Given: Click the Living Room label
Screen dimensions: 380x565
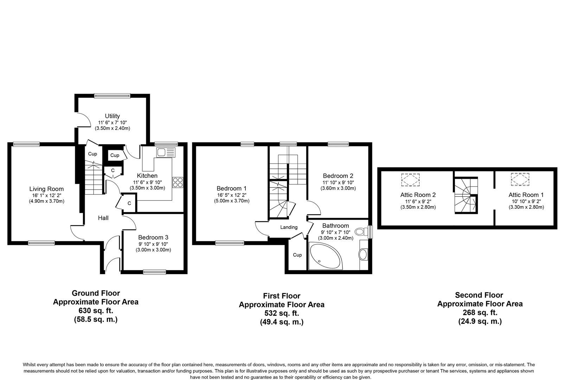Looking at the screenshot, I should pyautogui.click(x=46, y=189).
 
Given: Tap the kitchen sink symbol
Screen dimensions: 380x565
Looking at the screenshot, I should pyautogui.click(x=166, y=152).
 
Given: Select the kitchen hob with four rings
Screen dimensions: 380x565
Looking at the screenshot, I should pyautogui.click(x=178, y=182).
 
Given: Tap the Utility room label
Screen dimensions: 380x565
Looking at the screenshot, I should pyautogui.click(x=112, y=116).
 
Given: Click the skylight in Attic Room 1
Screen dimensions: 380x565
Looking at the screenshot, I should pyautogui.click(x=520, y=179).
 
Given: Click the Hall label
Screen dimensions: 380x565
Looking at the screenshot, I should pyautogui.click(x=103, y=218).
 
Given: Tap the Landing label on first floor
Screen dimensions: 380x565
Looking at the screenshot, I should pyautogui.click(x=289, y=227).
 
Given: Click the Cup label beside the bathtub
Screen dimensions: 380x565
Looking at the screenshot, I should pyautogui.click(x=297, y=255).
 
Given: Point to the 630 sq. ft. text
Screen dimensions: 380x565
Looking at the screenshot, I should pyautogui.click(x=95, y=311).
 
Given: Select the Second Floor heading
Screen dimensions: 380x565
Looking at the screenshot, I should pyautogui.click(x=479, y=295).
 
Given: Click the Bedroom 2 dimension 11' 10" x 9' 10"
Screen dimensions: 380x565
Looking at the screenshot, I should pyautogui.click(x=338, y=182).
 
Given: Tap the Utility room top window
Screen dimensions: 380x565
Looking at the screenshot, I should pyautogui.click(x=112, y=95).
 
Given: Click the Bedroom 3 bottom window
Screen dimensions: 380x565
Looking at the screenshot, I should pyautogui.click(x=155, y=272).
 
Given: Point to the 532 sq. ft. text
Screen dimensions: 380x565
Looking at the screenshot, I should pyautogui.click(x=281, y=313).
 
